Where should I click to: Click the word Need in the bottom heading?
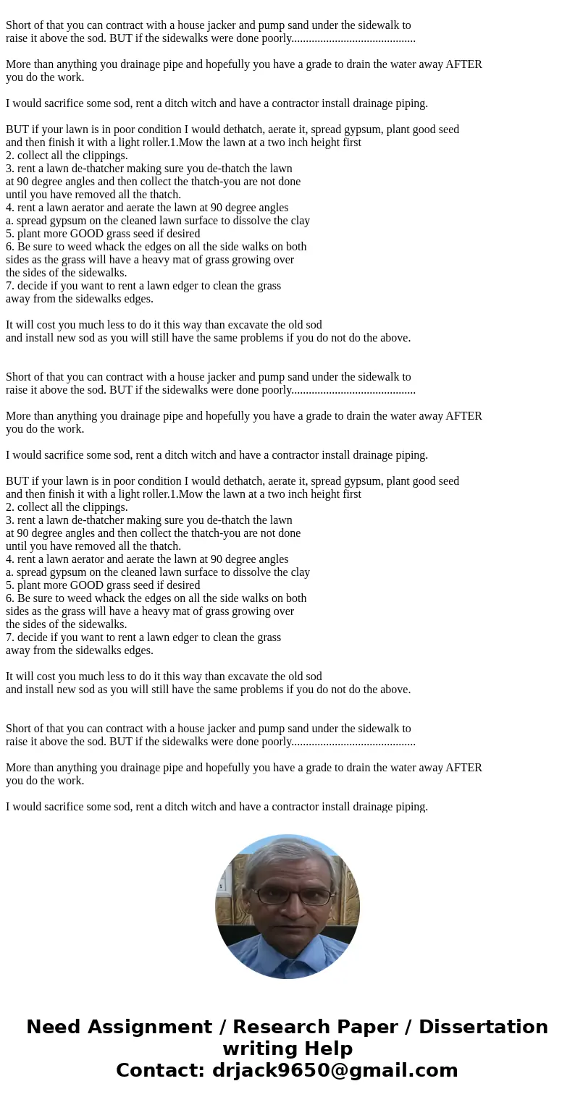(57, 1027)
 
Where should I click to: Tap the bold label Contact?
(161, 1071)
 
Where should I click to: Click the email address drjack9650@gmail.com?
(335, 1071)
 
